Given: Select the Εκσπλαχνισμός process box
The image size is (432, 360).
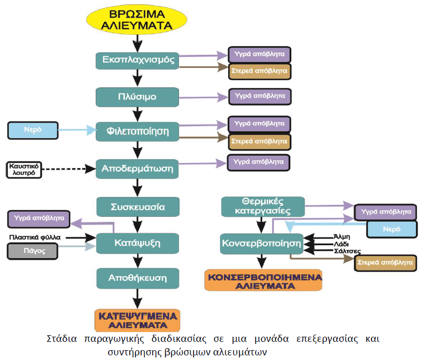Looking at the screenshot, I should click(x=137, y=60).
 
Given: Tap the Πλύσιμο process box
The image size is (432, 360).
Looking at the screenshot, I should click(x=137, y=97).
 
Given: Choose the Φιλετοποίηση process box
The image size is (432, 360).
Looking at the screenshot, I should click(x=137, y=131).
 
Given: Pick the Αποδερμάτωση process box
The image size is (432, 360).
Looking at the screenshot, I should click(x=137, y=168).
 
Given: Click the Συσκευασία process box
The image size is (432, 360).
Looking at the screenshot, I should click(x=137, y=207).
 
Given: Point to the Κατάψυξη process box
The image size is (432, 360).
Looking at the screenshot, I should click(x=137, y=242).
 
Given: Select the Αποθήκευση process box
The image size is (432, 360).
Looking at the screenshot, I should click(x=137, y=278).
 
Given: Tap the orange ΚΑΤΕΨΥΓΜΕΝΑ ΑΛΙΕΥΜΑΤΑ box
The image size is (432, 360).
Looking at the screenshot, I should click(x=137, y=319).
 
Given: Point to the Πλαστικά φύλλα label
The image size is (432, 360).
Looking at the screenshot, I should click(x=35, y=237).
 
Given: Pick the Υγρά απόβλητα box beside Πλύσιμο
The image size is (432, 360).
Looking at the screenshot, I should click(x=260, y=96).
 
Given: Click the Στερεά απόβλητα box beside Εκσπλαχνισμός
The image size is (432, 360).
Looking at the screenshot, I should click(x=260, y=71).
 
